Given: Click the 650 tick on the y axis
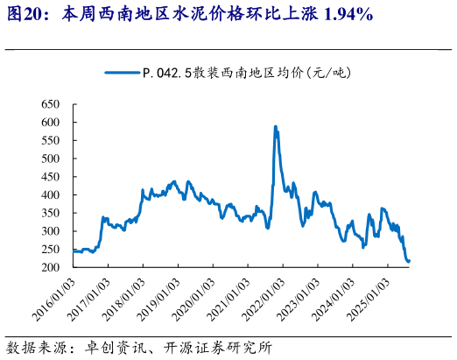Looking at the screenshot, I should (49, 104).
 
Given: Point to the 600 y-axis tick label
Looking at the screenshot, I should (49, 123).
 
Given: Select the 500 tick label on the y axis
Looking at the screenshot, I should (49, 159).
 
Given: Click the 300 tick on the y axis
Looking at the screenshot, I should (49, 230).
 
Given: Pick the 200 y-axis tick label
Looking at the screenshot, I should (49, 267).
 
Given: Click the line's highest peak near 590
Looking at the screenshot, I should (276, 127).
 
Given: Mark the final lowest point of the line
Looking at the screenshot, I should (409, 261).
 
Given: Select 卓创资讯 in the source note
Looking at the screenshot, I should (105, 345).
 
